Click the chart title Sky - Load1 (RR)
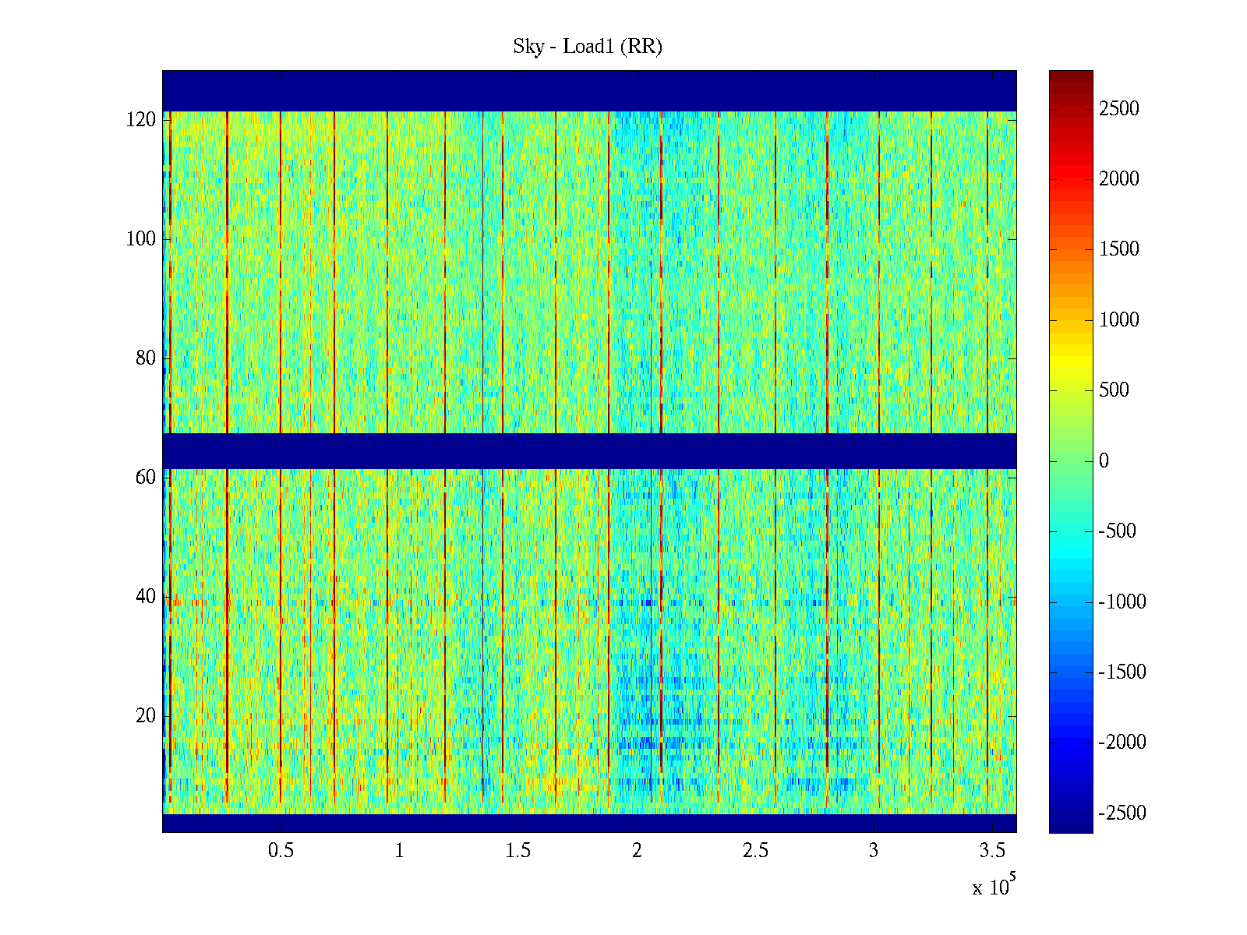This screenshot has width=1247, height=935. point(588,47)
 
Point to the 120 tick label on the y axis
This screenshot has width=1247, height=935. point(141,120)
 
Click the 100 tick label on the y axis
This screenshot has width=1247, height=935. point(141,239)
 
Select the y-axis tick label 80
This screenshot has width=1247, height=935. point(146,358)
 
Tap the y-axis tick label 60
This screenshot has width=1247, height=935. point(146,478)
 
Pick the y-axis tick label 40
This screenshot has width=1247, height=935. point(146,597)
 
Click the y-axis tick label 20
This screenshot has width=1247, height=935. point(146,716)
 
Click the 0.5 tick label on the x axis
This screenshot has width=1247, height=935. point(281,851)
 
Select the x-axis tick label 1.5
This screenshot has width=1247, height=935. point(518,851)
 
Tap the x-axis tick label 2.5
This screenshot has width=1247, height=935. point(755,851)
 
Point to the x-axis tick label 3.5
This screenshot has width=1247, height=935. point(992,851)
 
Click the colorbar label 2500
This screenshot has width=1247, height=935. point(1119,109)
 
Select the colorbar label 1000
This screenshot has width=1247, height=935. point(1119,320)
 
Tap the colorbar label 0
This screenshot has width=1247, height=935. point(1104,461)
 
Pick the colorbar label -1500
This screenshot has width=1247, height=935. point(1122,672)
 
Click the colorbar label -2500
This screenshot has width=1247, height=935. point(1122,813)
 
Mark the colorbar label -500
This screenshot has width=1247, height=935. point(1118,531)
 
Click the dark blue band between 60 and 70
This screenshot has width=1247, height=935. point(589,450)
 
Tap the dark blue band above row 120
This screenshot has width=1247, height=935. point(589,90)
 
